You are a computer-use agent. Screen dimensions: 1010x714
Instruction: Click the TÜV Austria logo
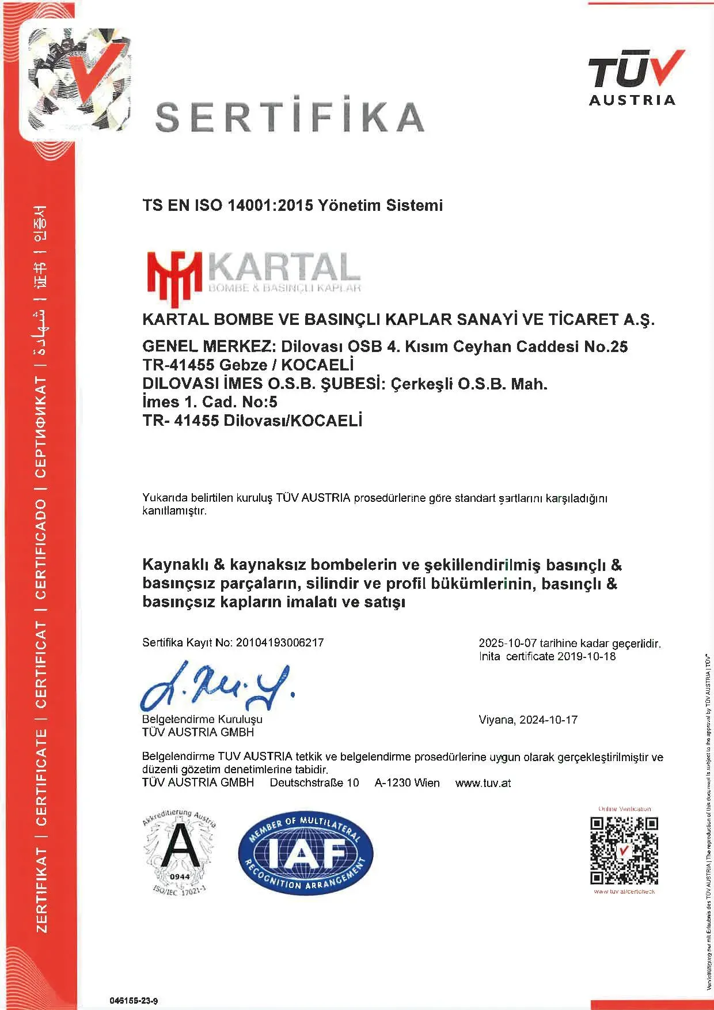point(633,78)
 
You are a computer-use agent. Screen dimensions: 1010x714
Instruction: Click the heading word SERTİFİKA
point(290,115)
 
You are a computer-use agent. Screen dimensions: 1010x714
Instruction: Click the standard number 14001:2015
point(262,205)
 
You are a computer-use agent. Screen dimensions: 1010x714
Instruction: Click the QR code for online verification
point(624,850)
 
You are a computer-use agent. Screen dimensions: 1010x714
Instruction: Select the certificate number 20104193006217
point(280,642)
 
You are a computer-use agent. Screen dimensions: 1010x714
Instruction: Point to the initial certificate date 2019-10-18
point(587,656)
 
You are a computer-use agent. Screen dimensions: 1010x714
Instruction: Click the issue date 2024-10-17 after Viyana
point(548,720)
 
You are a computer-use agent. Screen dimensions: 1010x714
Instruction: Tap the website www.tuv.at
point(483,783)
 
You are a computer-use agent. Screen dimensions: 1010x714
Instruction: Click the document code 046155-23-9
point(134,1000)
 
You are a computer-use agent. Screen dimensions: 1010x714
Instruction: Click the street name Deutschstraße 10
point(314,783)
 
